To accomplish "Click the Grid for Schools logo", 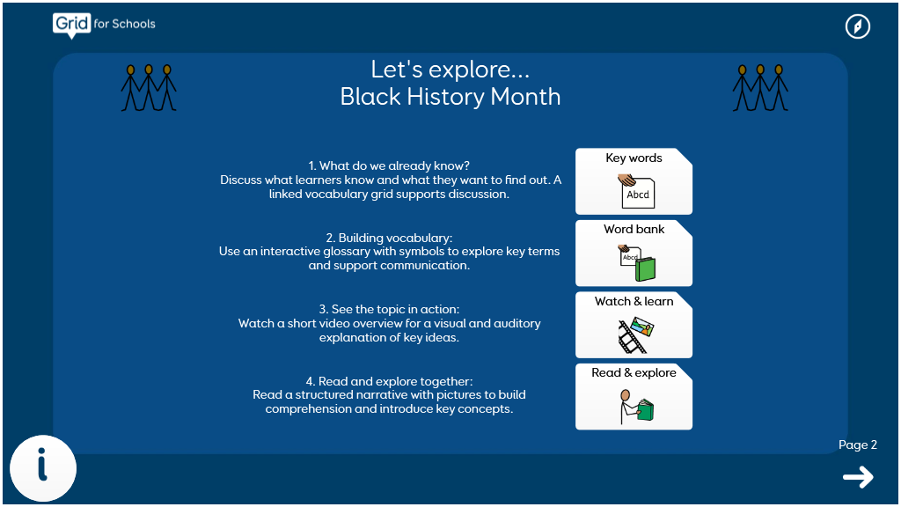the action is tap(104, 26).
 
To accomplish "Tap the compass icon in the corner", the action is tap(857, 26).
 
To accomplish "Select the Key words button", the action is tap(634, 181).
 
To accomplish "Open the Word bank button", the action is tap(634, 253).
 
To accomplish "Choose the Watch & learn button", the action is tap(634, 325).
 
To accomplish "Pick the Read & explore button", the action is tap(634, 397).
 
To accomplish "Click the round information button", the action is tap(43, 468).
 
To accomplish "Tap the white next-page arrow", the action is tap(858, 476).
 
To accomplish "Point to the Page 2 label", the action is tap(857, 445).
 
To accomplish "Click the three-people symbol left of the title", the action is tap(149, 87).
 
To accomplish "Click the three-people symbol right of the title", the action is tap(760, 87).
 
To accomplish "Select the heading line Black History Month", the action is tap(450, 97).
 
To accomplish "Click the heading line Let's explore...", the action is tap(450, 70).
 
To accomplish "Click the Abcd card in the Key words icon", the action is tap(638, 195).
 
